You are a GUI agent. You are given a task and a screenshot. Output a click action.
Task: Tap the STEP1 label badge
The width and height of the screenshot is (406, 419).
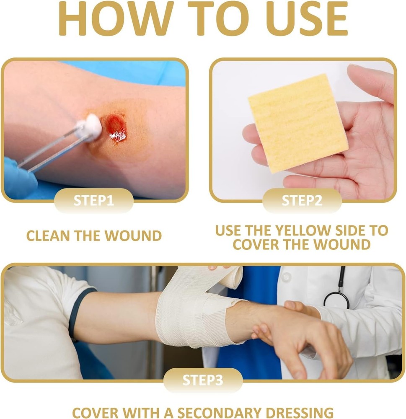[x=93, y=200]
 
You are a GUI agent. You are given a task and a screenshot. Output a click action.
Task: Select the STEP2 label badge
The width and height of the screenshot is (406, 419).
[x=302, y=200]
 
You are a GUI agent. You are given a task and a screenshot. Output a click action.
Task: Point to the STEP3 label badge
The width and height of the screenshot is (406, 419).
[x=203, y=380]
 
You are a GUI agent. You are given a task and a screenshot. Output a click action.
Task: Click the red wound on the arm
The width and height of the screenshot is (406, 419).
[x=116, y=128]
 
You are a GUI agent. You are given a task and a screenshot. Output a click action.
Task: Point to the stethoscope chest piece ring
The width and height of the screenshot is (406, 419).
[x=336, y=300]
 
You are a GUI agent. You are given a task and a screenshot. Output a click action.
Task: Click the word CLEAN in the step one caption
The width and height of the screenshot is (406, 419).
[x=48, y=235]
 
